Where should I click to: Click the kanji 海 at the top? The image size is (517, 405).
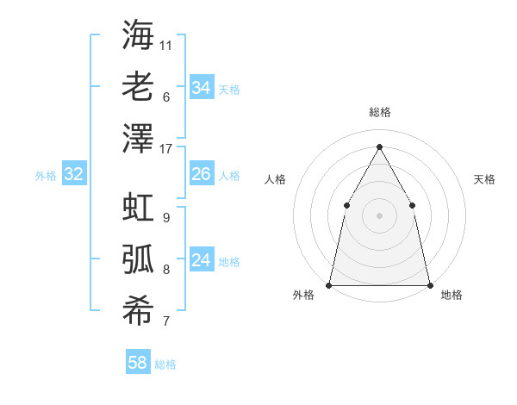coord(137,34)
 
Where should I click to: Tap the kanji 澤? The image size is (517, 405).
coord(137,137)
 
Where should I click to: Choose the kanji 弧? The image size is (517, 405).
coord(137,259)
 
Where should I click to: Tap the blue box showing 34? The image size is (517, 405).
coord(202,87)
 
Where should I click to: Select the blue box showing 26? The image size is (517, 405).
coord(202,174)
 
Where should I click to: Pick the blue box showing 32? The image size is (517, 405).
coord(74,174)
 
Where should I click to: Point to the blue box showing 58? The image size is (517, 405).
coord(138,363)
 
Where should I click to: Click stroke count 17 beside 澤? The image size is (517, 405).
coord(166,148)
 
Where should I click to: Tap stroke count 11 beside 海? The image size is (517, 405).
coord(166,44)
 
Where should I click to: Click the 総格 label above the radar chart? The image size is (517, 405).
coord(379,112)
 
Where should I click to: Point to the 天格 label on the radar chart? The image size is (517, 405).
coord(484,179)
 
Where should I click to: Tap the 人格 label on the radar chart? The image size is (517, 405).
coord(275,179)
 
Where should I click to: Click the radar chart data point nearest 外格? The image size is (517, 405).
coord(329,284)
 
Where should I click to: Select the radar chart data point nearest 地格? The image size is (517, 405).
coord(429,284)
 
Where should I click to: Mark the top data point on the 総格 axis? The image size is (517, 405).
coord(379,146)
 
